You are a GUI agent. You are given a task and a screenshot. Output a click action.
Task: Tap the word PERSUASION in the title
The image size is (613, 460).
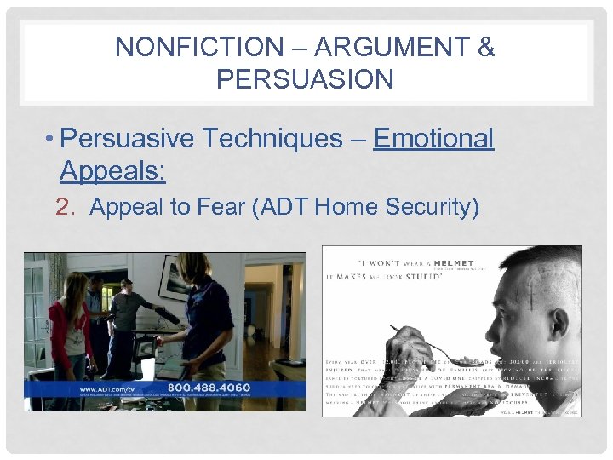pos(305,79)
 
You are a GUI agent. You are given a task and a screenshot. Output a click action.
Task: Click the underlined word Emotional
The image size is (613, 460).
pos(433,138)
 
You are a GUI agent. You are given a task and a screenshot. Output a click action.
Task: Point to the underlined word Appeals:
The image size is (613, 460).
pos(112,171)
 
